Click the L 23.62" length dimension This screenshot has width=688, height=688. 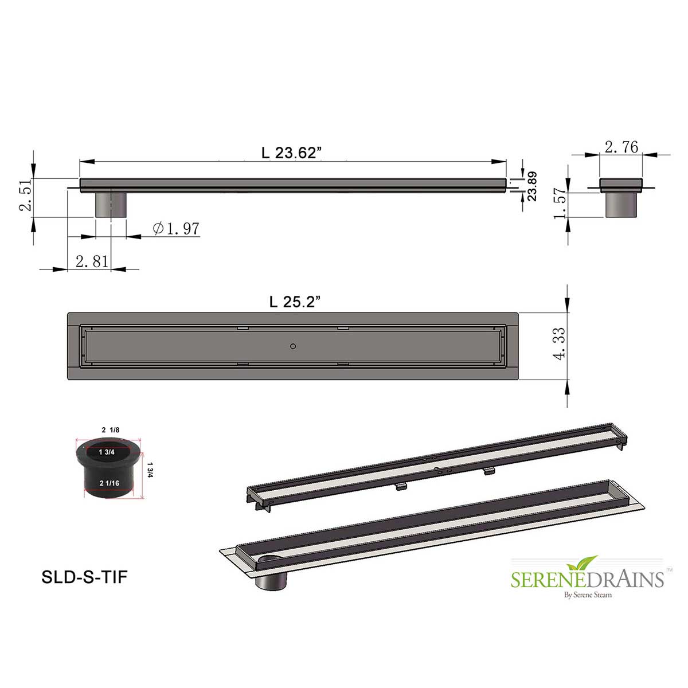291,153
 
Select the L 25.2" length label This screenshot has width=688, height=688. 295,302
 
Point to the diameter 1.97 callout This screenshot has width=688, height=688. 177,228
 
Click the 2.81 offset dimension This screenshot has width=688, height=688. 92,261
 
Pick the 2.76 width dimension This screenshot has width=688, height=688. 621,147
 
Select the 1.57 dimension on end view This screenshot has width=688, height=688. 560,204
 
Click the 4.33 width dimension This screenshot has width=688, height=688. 559,343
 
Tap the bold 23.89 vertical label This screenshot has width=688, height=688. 532,186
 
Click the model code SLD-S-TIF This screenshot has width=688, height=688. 84,577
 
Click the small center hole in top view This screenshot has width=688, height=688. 293,346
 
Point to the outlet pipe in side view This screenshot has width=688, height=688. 111,205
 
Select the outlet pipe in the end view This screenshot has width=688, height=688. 621,205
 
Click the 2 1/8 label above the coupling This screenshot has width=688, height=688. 110,430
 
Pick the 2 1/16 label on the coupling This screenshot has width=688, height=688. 109,483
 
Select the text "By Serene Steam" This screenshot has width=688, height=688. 588,595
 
